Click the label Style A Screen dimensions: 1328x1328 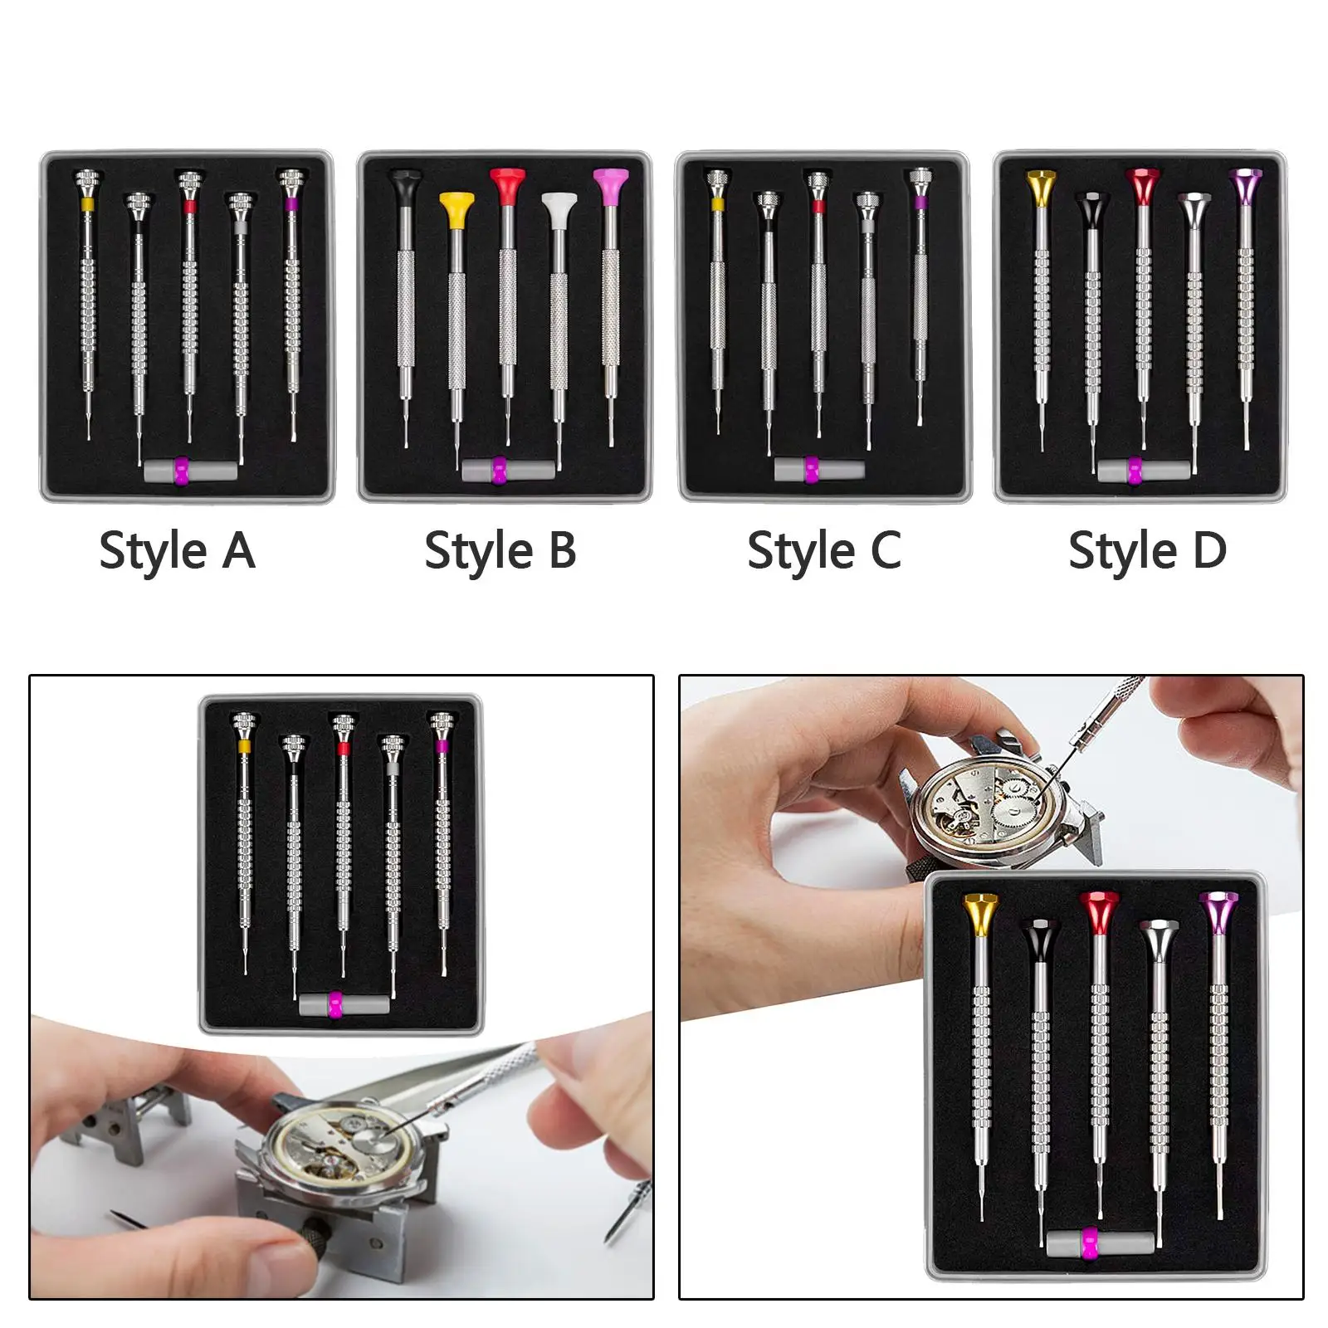(177, 551)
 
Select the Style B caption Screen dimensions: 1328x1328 (500, 551)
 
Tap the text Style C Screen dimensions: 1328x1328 (824, 551)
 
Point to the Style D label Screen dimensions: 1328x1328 (1148, 551)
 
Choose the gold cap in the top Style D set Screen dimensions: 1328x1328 (1040, 187)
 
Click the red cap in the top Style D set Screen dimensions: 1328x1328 (1143, 186)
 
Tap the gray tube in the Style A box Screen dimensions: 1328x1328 (190, 471)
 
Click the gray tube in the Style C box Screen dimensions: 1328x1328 (819, 469)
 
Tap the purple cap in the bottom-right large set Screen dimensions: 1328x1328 (1218, 911)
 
